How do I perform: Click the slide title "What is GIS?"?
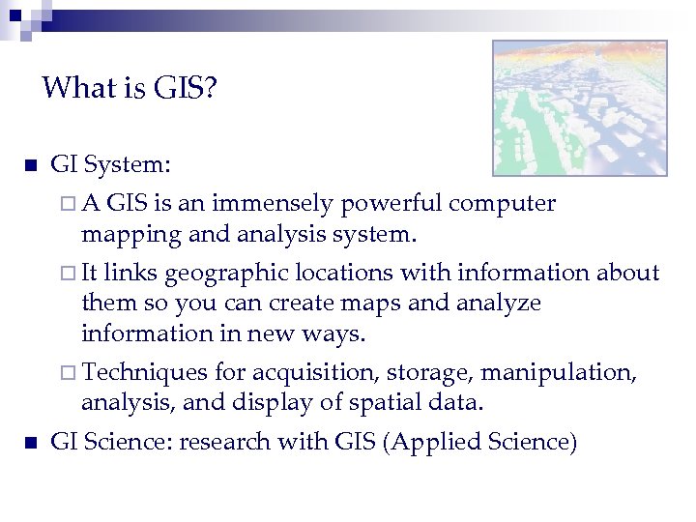[x=130, y=90]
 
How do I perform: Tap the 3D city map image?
[x=579, y=107]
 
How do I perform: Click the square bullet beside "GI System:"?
[x=30, y=165]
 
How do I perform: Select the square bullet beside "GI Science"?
[x=30, y=443]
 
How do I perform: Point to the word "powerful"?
[x=396, y=204]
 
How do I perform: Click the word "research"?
[x=228, y=443]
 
